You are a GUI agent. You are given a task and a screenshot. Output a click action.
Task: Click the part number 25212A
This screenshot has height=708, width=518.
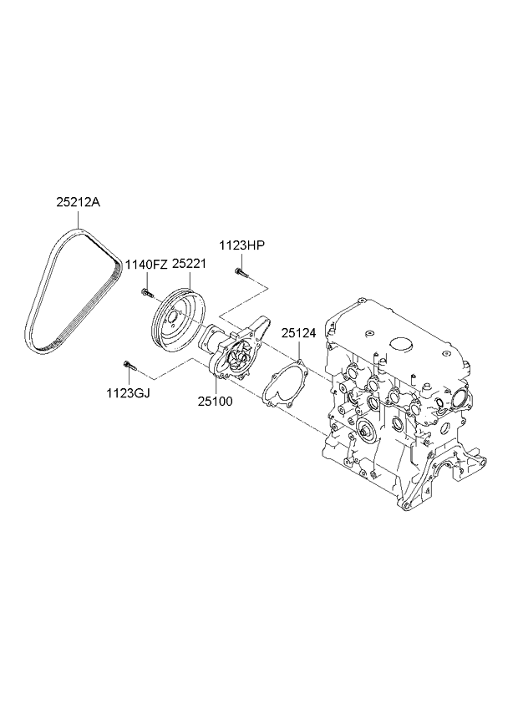79,202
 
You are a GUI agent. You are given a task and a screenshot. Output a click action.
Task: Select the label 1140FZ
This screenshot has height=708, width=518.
145,264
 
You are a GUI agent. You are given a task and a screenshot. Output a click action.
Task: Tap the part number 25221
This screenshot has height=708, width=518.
189,263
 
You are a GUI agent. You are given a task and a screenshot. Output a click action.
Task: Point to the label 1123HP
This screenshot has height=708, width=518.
241,245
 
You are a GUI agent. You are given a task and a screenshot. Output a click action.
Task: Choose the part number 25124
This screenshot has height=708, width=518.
298,333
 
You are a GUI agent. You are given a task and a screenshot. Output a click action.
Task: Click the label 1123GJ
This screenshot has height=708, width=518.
129,393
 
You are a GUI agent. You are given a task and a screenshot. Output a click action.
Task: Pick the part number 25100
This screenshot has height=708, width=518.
215,401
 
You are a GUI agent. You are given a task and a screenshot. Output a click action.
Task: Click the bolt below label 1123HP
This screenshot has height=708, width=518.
241,273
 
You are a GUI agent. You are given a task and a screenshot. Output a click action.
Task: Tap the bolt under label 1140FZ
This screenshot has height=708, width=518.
145,292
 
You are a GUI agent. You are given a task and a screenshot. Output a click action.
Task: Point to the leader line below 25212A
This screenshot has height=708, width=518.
79,219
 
